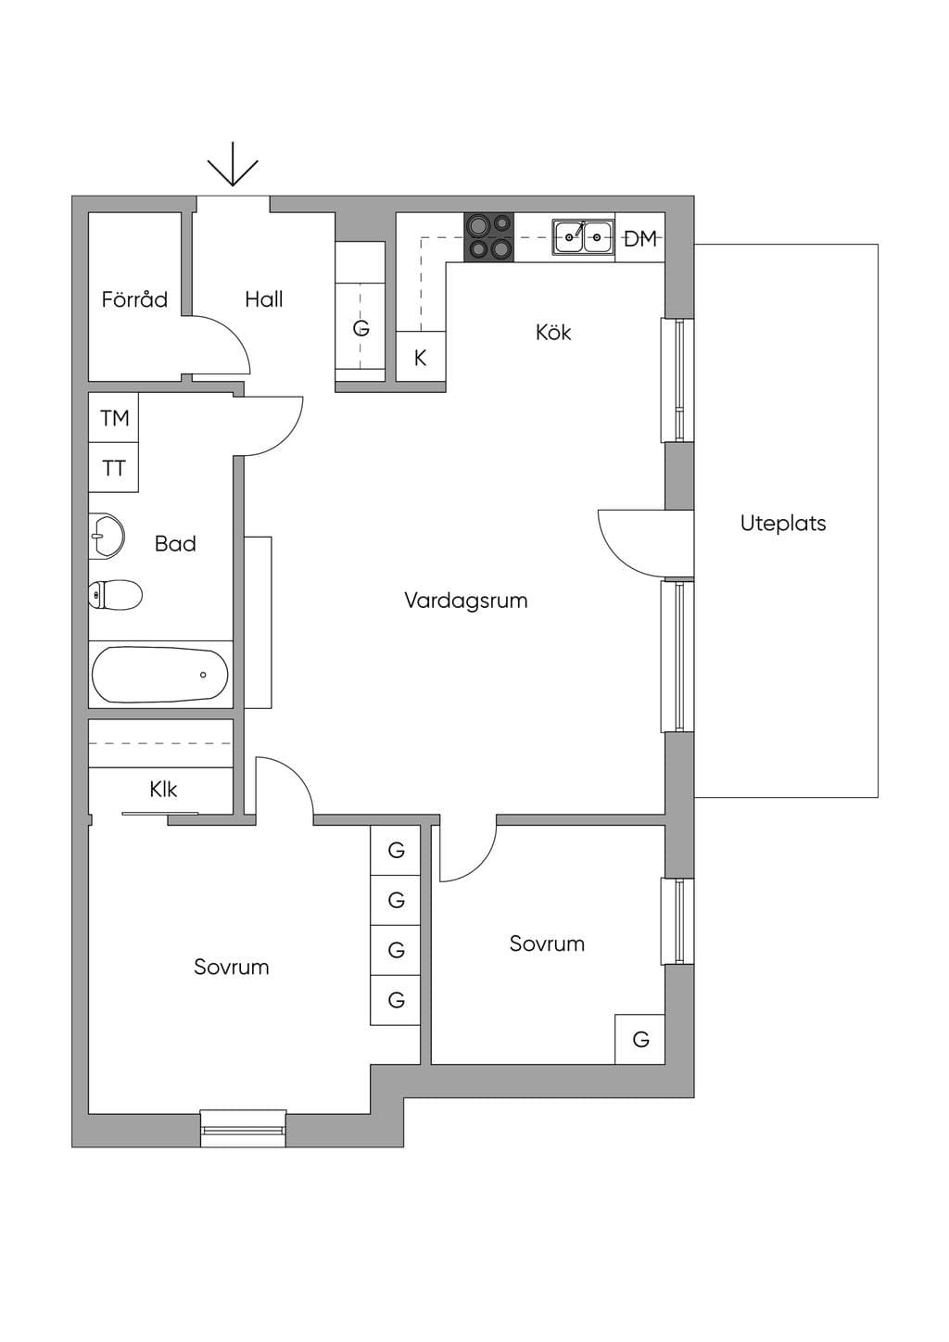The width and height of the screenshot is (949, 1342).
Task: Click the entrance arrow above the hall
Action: pos(233,163)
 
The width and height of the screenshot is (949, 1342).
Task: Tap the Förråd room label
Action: pos(134,299)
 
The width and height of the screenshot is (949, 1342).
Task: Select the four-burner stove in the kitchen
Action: pos(489,237)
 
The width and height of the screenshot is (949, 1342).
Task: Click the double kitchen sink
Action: pos(584,237)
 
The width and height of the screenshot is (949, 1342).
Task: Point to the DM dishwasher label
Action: pos(640,239)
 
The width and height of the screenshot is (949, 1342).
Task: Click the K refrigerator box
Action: pos(421,356)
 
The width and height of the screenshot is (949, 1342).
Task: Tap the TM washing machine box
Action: pos(114,418)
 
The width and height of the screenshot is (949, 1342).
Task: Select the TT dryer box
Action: pos(114,467)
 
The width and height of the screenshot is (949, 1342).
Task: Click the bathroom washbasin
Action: pos(107,536)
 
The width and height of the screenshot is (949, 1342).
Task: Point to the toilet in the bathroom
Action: pos(116,595)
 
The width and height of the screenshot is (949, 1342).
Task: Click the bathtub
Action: pos(160,675)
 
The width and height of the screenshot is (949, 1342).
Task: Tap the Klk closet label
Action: pos(163,789)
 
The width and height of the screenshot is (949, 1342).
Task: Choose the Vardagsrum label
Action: pos(466,601)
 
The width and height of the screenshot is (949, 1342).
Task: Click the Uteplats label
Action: pos(783,523)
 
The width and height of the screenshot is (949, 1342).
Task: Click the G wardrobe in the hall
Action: pos(361,311)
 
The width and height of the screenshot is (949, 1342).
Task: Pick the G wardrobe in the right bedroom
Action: pos(640,1039)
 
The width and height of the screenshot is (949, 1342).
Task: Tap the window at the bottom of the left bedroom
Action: pos(243,1129)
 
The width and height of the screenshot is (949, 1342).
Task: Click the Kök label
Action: pos(553,332)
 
